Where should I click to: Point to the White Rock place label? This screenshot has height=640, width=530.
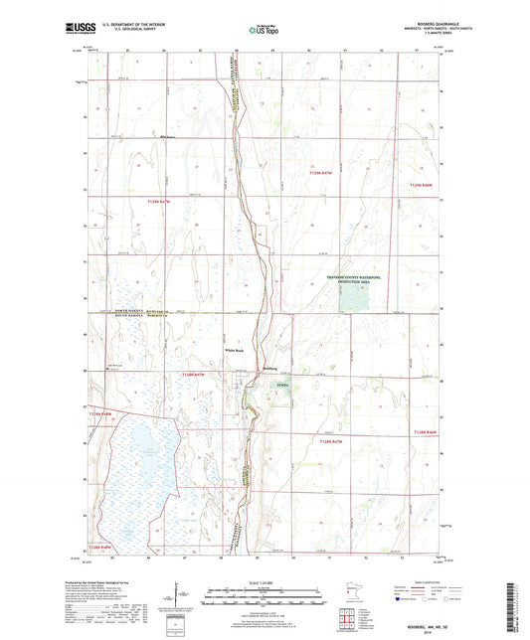point(234,350)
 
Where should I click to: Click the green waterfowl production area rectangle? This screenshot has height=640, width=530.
point(353,299)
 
